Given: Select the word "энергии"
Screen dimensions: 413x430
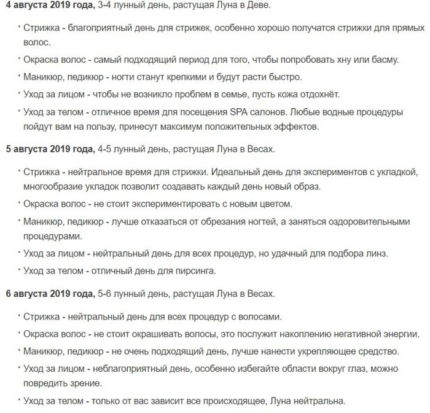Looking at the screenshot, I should [x=402, y=334].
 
